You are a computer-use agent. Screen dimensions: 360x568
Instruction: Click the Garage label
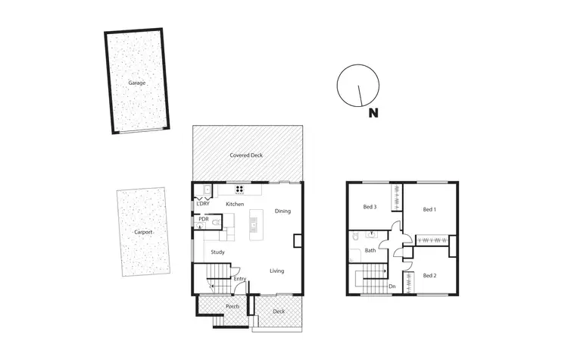136,82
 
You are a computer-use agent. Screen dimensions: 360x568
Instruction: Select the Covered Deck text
246,155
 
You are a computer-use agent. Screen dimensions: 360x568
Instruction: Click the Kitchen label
235,205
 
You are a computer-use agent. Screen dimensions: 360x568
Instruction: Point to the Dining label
282,211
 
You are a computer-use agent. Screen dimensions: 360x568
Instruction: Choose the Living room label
277,271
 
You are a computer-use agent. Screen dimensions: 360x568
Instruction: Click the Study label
218,252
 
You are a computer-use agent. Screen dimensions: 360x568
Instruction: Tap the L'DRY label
203,205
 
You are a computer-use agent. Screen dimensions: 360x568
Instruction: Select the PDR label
203,219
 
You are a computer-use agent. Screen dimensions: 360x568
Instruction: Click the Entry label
239,279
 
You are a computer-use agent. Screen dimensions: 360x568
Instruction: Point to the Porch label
233,306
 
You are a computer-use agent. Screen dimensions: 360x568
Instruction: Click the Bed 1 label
429,210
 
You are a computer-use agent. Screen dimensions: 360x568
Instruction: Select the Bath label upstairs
370,249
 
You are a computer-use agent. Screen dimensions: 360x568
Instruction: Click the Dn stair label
392,286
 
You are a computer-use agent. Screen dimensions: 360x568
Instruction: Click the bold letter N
373,114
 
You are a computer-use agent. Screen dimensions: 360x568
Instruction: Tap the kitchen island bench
254,223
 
